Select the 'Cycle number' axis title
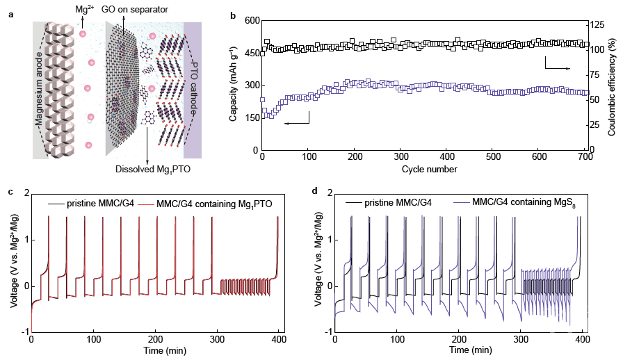tap(423, 169)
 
